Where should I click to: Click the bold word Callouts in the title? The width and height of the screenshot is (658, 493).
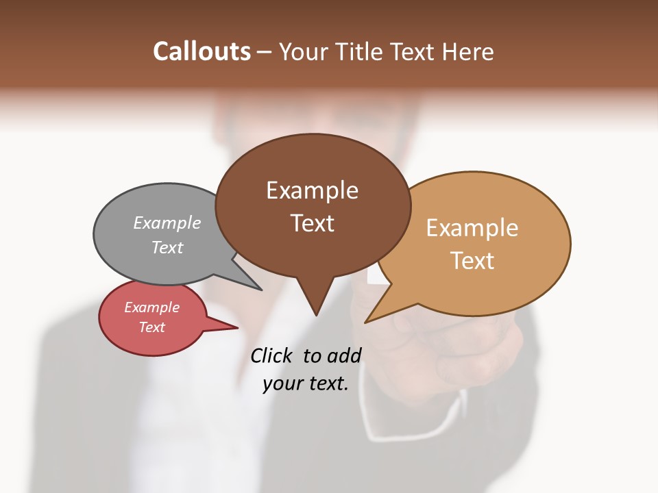coord(202,51)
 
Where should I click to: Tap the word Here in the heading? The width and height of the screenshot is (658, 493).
coord(468,51)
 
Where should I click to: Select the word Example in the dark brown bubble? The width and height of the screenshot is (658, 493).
coord(312,190)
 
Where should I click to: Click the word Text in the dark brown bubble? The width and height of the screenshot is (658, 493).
coord(312,223)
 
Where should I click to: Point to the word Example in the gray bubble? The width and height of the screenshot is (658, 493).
coord(167,223)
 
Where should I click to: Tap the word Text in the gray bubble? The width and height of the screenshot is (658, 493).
coord(167,247)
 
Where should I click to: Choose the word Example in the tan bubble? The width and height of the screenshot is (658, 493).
coord(472,228)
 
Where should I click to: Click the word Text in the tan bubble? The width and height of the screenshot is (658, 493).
coord(472,261)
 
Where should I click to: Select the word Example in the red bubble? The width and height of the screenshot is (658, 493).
coord(151,307)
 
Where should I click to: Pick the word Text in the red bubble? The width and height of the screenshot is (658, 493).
coord(151,327)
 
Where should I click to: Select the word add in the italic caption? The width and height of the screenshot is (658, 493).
coord(343,355)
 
